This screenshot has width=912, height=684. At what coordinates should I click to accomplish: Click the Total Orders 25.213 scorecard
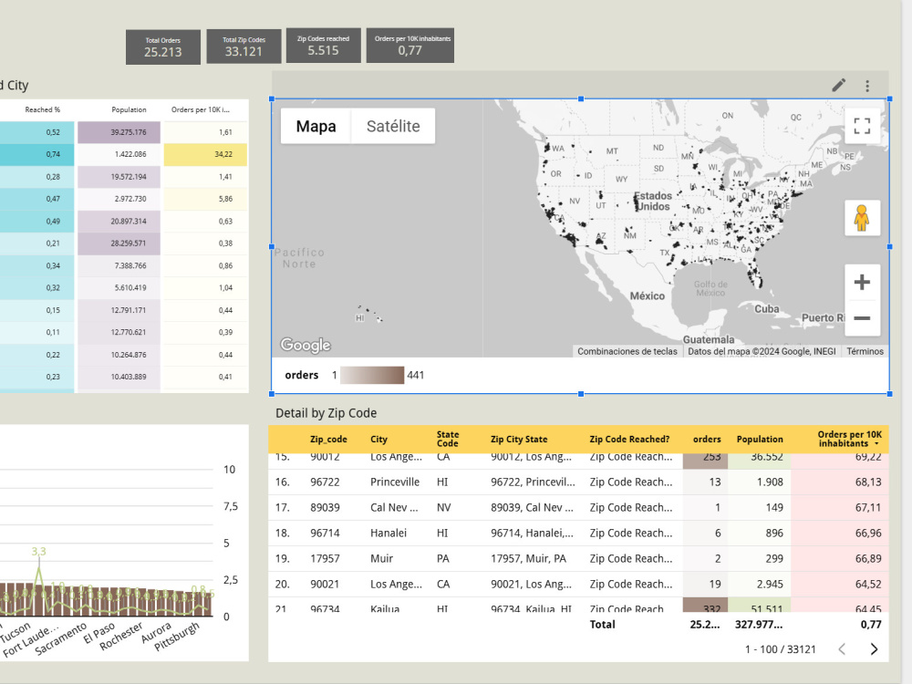click(x=163, y=47)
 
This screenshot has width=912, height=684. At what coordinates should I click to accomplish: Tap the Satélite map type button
click(x=393, y=127)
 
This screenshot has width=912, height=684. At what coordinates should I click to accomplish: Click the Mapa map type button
click(x=316, y=127)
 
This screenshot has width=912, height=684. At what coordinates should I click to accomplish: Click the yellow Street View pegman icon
click(x=861, y=218)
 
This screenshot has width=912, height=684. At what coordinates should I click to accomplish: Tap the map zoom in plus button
click(x=861, y=283)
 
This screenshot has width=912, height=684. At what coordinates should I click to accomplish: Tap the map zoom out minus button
click(x=861, y=319)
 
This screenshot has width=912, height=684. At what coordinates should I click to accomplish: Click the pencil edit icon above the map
click(x=839, y=86)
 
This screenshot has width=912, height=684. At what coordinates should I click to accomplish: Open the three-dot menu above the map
click(x=867, y=86)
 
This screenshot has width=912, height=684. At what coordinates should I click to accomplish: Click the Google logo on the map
click(x=306, y=346)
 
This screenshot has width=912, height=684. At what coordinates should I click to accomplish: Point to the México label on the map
click(x=648, y=296)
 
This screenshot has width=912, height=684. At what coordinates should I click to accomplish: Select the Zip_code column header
click(x=328, y=440)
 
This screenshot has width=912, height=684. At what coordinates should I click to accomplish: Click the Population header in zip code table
click(x=760, y=440)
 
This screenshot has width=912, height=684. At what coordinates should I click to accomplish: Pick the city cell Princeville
click(x=395, y=482)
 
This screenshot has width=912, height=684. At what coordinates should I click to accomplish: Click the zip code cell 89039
click(x=325, y=507)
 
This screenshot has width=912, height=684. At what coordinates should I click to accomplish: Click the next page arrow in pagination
click(x=874, y=649)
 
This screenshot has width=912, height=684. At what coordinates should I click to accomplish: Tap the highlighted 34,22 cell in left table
click(x=205, y=154)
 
